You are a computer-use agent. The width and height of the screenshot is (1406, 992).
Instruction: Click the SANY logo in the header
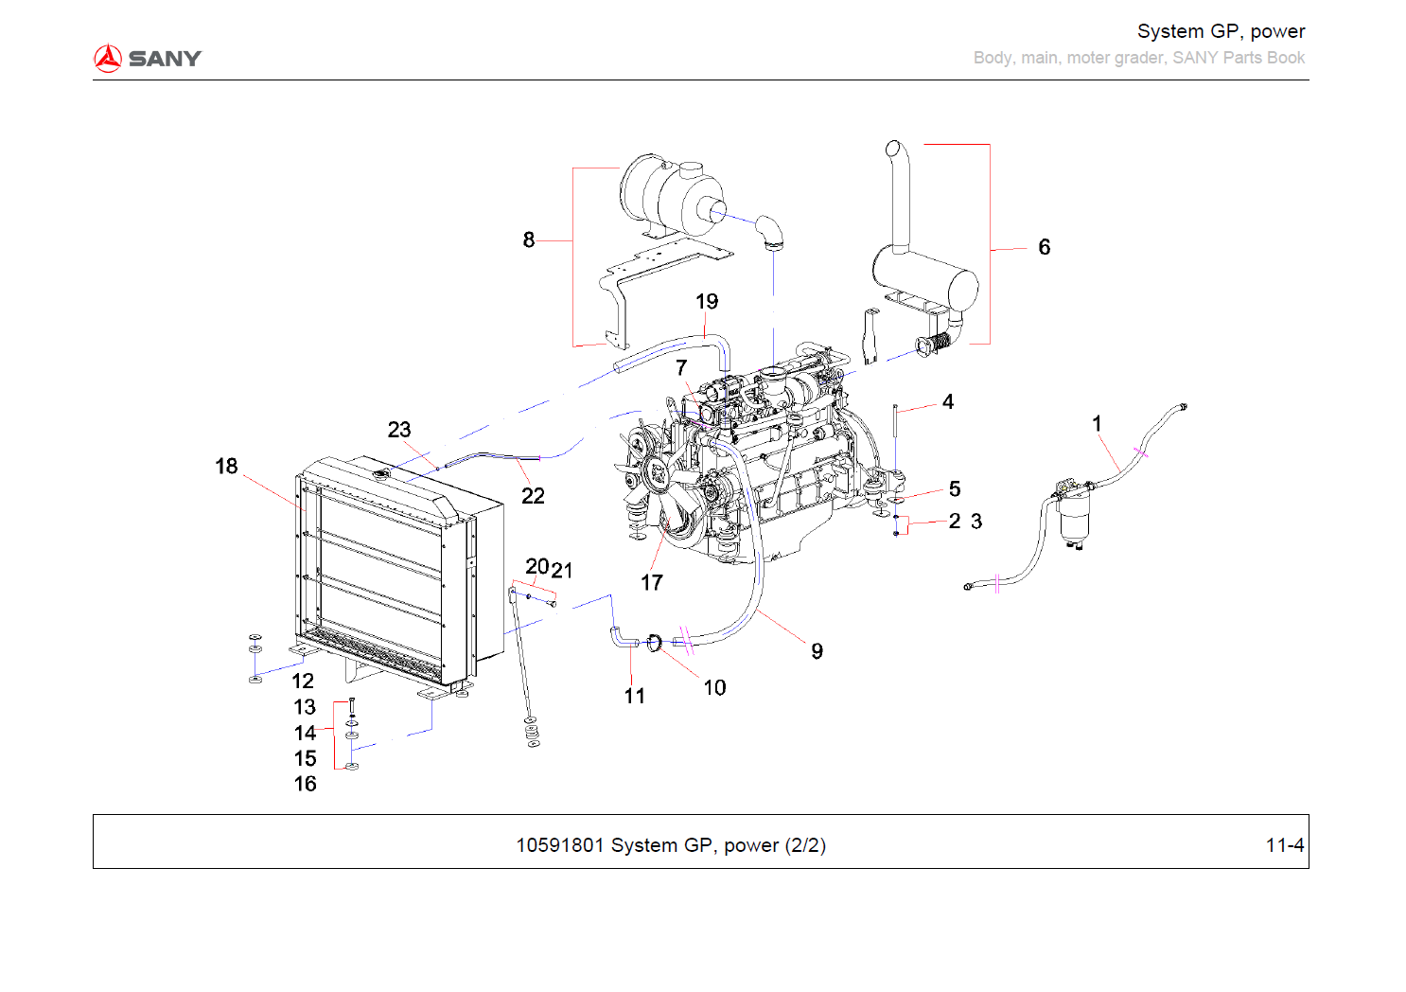[148, 59]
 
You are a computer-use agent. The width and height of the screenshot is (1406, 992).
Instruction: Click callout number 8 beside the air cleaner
[529, 240]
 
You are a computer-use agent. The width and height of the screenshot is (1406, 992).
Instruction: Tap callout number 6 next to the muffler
[1044, 247]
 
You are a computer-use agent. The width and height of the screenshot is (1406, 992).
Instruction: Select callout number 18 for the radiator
[226, 467]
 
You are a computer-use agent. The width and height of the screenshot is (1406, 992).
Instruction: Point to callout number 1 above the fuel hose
[1097, 424]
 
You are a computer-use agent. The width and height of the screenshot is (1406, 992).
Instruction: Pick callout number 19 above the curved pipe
[707, 302]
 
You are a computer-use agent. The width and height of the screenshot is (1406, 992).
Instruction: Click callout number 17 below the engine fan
[652, 583]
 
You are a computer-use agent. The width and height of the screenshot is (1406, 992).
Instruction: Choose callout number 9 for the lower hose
[817, 651]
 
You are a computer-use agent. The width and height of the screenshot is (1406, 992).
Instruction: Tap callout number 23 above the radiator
[399, 430]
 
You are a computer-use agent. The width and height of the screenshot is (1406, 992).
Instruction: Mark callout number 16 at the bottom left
[305, 784]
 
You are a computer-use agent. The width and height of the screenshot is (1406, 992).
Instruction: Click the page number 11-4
[1284, 845]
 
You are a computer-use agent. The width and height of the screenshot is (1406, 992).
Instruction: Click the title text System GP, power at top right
[1221, 31]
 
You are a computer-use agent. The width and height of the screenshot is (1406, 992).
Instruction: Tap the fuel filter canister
[1074, 516]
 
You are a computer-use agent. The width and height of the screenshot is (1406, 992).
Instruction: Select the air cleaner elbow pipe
[769, 231]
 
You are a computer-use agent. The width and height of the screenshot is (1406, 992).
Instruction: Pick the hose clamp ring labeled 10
[654, 644]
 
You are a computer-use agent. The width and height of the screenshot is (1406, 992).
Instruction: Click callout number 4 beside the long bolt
[948, 402]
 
